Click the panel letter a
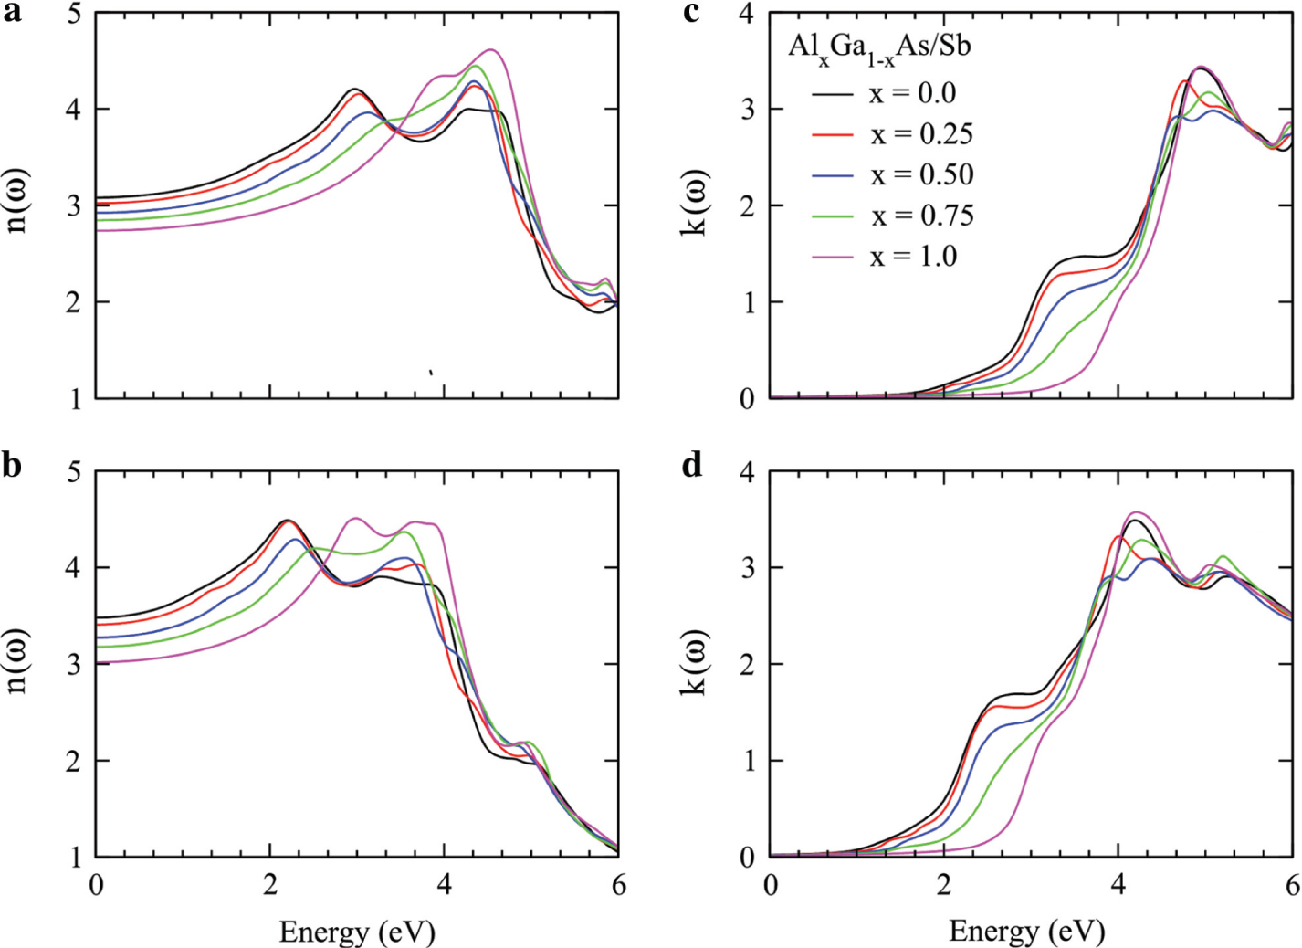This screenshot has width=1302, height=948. (12, 15)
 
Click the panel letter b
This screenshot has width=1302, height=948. (12, 466)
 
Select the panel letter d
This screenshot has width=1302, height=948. (692, 465)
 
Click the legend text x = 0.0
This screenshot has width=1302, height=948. (912, 93)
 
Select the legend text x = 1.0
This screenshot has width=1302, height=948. (912, 257)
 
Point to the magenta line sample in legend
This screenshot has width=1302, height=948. (832, 258)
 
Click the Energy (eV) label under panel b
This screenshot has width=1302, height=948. (357, 932)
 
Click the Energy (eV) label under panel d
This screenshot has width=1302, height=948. (1027, 931)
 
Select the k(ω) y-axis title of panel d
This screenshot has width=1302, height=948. (694, 662)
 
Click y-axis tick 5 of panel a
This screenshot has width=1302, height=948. (75, 15)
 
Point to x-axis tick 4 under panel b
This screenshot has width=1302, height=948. (444, 886)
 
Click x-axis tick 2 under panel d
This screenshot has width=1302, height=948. (944, 886)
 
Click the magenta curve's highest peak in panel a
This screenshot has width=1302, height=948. (491, 49)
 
